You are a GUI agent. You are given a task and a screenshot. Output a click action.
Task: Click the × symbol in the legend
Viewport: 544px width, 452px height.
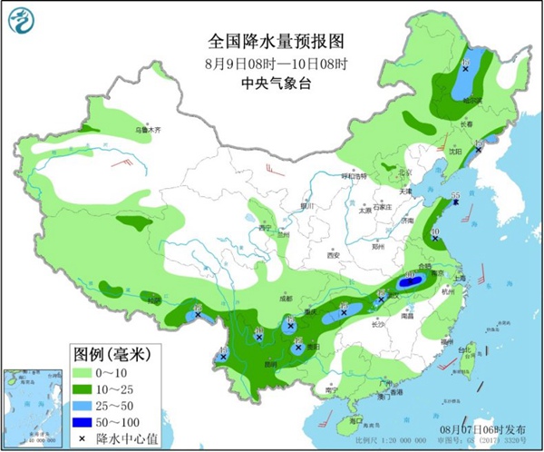point(81,438)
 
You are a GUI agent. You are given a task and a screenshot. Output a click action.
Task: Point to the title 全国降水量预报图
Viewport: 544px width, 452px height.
point(271,41)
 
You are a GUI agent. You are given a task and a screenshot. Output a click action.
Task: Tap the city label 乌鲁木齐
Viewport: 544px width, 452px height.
point(148,130)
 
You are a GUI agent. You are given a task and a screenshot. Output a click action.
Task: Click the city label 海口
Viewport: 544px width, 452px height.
point(355,421)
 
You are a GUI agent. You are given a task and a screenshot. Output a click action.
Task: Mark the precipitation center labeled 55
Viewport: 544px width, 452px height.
point(457,198)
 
